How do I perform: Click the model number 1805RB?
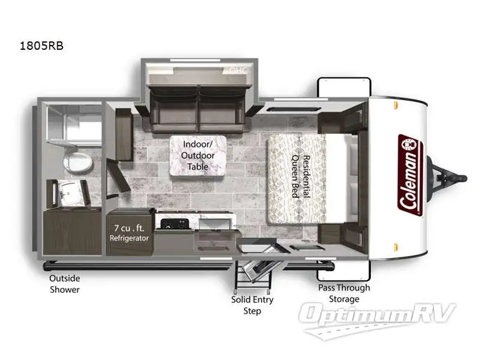[42, 45]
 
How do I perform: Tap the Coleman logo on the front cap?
[410, 175]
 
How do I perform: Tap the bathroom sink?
[72, 194]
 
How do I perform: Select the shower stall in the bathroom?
[74, 126]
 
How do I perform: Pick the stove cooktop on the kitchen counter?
[174, 226]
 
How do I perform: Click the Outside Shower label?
[65, 284]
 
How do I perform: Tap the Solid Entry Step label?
[252, 304]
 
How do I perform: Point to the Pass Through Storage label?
[344, 293]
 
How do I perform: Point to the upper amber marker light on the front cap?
[396, 106]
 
